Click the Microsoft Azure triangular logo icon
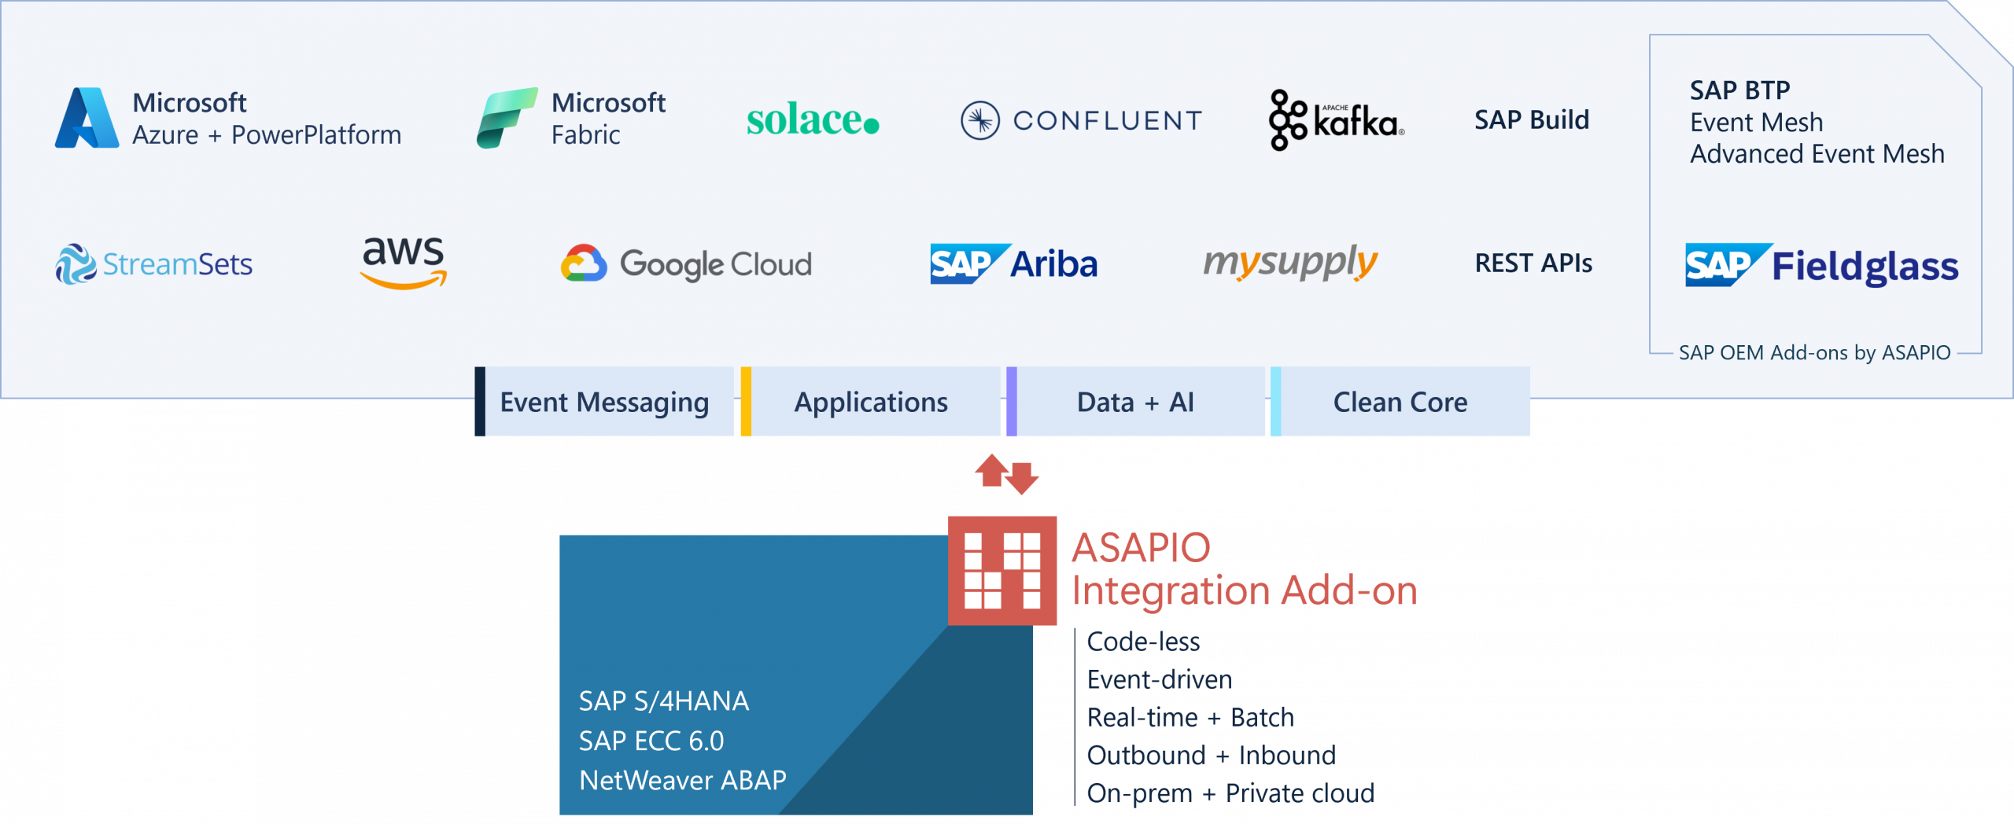click(87, 118)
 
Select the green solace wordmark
click(812, 120)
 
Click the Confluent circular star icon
click(979, 120)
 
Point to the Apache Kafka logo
click(1336, 120)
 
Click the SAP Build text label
click(1531, 120)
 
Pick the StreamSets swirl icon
click(76, 264)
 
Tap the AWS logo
click(404, 263)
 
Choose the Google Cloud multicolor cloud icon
click(584, 263)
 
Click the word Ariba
click(1053, 264)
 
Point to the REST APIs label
click(1533, 263)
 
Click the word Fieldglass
click(1865, 267)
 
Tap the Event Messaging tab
click(604, 402)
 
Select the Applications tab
click(871, 402)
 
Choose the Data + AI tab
click(1135, 402)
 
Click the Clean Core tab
click(1400, 402)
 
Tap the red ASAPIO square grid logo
click(1002, 570)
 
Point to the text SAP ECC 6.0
click(651, 741)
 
